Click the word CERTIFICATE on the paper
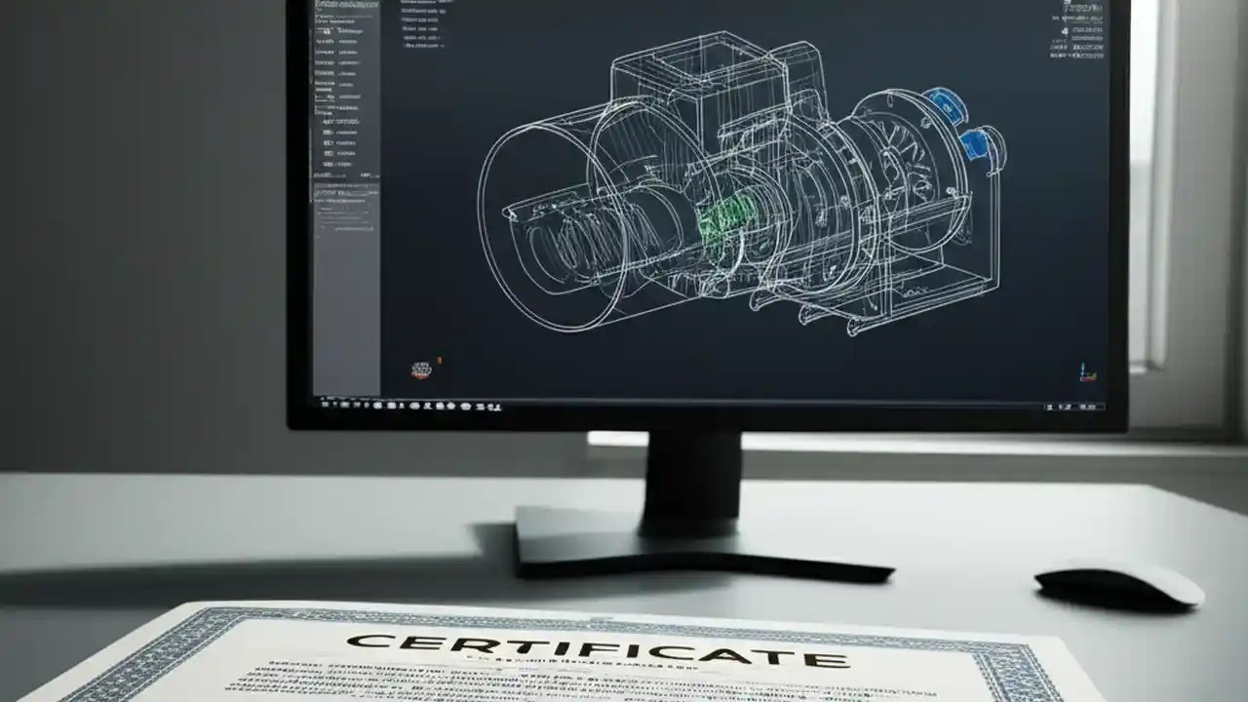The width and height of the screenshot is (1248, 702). [597, 649]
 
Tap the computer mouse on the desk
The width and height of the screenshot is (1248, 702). [1118, 584]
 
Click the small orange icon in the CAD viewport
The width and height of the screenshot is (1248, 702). [420, 370]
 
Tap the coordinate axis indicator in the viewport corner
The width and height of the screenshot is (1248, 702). [1084, 372]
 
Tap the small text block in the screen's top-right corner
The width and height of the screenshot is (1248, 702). [1080, 29]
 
